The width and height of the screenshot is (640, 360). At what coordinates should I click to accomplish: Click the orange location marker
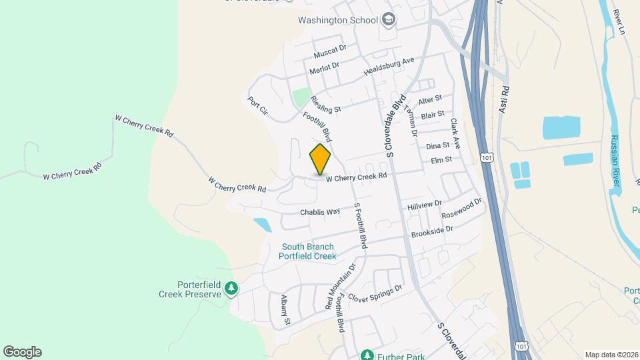320,159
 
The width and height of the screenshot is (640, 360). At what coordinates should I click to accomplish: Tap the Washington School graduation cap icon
389,21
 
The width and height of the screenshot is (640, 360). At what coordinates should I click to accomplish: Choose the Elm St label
441,160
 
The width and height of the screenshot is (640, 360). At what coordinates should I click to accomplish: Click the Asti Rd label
505,99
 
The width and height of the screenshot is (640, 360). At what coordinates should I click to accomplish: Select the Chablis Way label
320,212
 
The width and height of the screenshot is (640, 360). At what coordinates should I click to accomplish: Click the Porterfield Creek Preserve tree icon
231,289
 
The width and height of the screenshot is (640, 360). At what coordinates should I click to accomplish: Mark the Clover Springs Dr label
375,294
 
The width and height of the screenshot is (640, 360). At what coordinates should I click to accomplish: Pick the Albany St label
286,310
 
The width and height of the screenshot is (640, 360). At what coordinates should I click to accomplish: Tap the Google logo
22,352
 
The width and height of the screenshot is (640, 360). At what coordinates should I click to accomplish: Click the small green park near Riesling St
301,98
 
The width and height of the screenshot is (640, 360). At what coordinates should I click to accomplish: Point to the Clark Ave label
455,133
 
